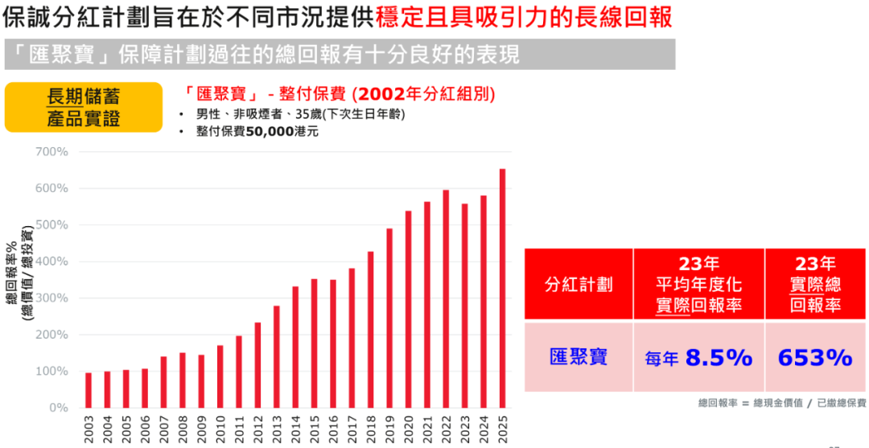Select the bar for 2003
[x=89, y=390]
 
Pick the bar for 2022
[x=446, y=298]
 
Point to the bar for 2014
[x=295, y=347]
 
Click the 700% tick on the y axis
[x=51, y=151]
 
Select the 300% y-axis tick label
[x=51, y=298]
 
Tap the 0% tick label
[x=58, y=408]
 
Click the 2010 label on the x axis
[x=220, y=428]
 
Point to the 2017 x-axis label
[x=352, y=428]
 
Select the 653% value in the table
[x=815, y=357]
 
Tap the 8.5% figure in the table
[x=719, y=358]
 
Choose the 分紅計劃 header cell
[x=579, y=284]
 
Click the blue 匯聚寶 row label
[x=579, y=357]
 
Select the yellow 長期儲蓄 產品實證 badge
[x=83, y=107]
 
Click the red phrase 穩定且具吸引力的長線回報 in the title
[x=524, y=17]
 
